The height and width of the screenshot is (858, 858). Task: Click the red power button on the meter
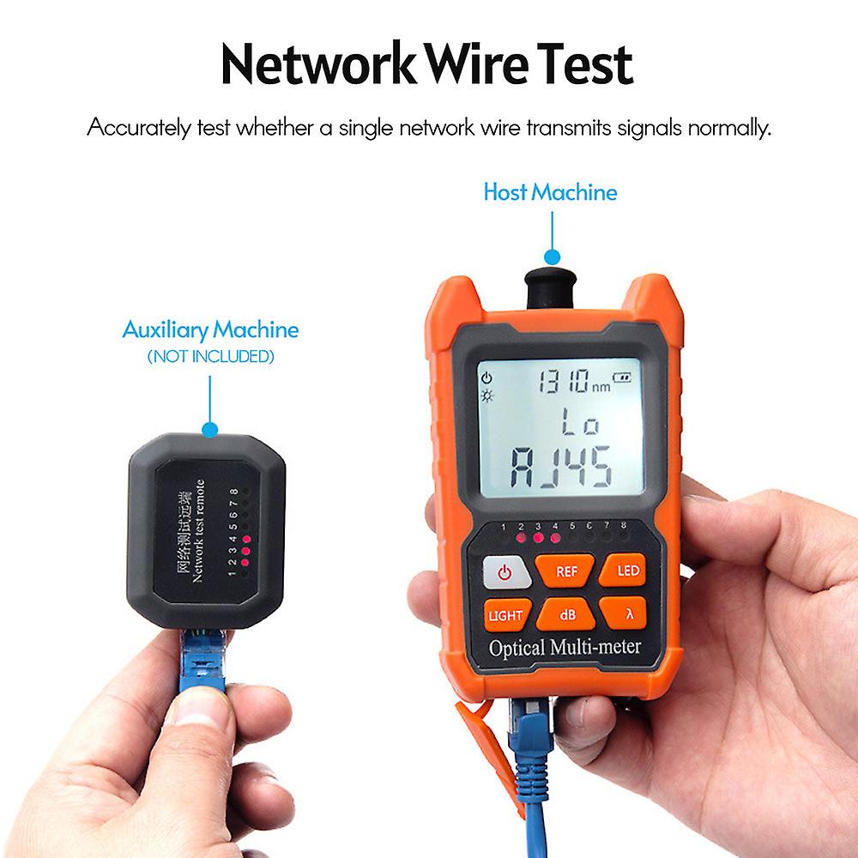click(x=504, y=572)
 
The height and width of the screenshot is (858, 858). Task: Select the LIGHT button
click(x=505, y=615)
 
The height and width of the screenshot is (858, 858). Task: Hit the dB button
click(x=567, y=614)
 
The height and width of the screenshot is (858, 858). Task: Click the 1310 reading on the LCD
click(x=562, y=381)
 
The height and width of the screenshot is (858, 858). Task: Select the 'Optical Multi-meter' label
click(x=565, y=647)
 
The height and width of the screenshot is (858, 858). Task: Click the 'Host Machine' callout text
click(x=550, y=192)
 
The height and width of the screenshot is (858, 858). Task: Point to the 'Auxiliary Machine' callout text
click(x=210, y=329)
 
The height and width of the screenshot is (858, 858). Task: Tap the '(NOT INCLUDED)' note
click(x=210, y=355)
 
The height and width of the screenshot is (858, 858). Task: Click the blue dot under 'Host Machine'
click(x=552, y=257)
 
